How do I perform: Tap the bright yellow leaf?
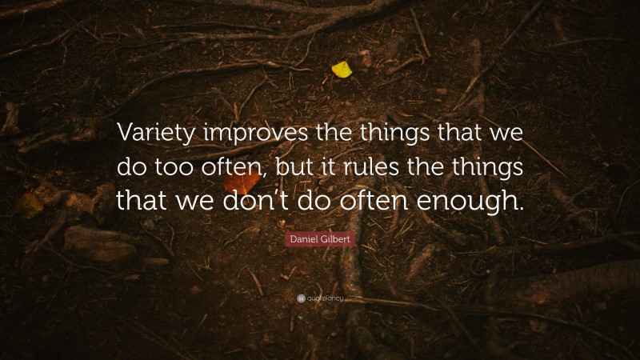(x=342, y=70)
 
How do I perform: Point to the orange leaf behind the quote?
(x=241, y=183)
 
